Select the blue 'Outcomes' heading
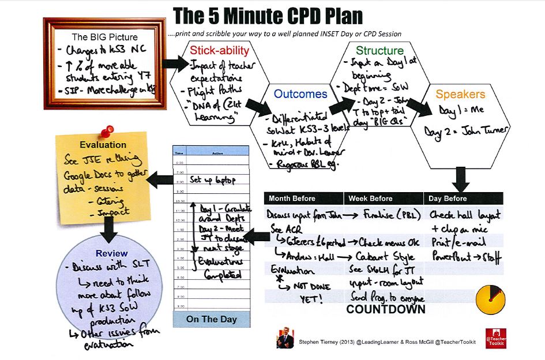pos(300,94)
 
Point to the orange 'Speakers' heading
pos(460,94)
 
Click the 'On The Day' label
pos(211,319)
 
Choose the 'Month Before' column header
pos(292,198)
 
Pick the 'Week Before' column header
pos(370,198)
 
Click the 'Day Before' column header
pos(448,198)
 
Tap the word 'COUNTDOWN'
pos(386,309)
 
